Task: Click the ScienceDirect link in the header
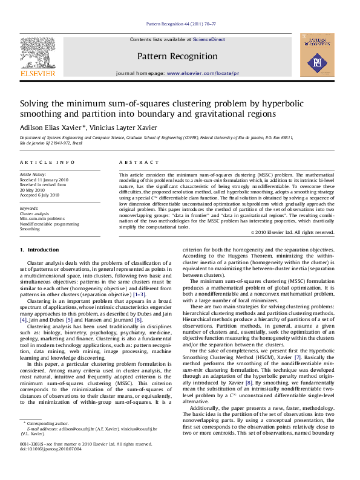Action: pyautogui.click(x=209, y=39)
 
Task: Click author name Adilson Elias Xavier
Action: pyautogui.click(x=53, y=128)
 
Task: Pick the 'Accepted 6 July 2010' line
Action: pyautogui.click(x=40, y=195)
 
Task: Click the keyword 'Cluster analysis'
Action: pyautogui.click(x=35, y=213)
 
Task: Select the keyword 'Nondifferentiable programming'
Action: pyautogui.click(x=49, y=224)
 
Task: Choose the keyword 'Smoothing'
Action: pyautogui.click(x=30, y=230)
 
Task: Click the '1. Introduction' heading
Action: pyautogui.click(x=39, y=250)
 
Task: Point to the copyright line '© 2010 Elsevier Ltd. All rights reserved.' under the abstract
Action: pyautogui.click(x=292, y=232)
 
